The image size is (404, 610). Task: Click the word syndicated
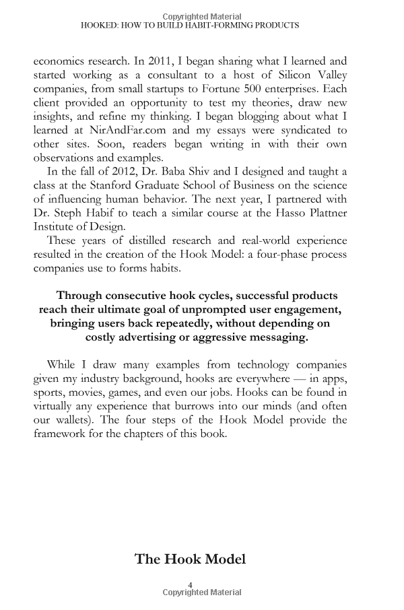(311, 130)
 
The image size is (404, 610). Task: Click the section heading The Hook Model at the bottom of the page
(191, 559)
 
